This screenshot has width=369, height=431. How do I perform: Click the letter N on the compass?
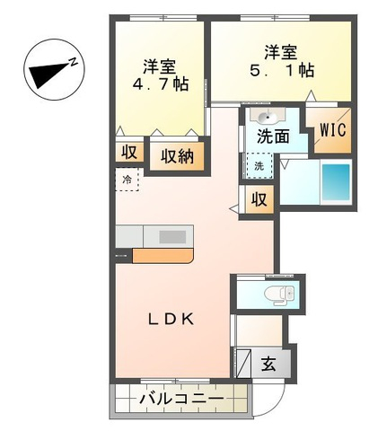click(x=74, y=62)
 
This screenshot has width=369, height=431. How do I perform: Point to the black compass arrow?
click(x=48, y=75)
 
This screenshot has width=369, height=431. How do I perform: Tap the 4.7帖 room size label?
click(x=161, y=84)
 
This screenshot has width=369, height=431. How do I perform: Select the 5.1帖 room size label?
click(x=282, y=71)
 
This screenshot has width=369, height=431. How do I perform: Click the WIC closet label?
click(x=333, y=130)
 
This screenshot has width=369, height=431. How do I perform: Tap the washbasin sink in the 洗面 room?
click(x=268, y=117)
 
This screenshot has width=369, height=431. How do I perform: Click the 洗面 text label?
click(x=273, y=136)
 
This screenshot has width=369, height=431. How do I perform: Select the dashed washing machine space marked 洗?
click(x=259, y=165)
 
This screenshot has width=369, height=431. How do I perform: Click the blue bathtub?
click(x=336, y=182)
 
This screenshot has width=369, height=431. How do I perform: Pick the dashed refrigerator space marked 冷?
click(x=127, y=179)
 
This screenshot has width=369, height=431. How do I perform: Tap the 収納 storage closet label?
click(x=178, y=156)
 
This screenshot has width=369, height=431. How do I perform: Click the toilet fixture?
click(x=279, y=293)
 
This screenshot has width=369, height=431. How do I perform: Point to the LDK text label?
click(x=171, y=320)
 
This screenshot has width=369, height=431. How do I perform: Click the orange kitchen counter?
click(x=163, y=256)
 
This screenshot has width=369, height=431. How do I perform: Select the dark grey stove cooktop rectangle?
click(x=172, y=237)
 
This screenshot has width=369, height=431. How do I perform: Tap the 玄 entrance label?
click(x=268, y=364)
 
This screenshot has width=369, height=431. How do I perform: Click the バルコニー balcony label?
click(x=182, y=399)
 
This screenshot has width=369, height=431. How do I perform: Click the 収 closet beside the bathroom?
click(x=259, y=199)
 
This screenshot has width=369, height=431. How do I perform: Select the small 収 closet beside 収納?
click(x=129, y=153)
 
